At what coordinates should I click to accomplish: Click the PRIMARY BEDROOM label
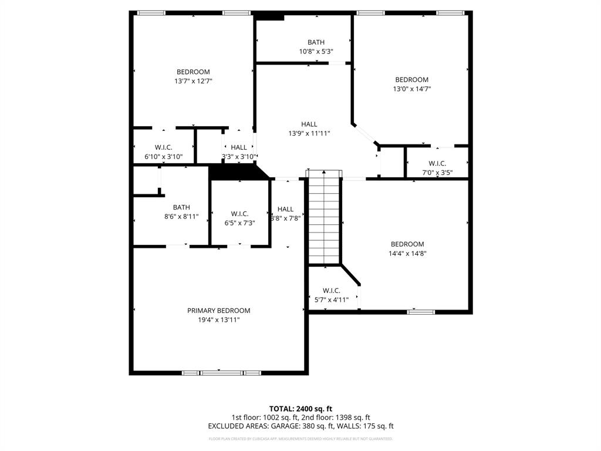pyautogui.click(x=218, y=311)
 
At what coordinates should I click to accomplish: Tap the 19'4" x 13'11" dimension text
pyautogui.click(x=218, y=320)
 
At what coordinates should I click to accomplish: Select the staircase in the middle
pyautogui.click(x=324, y=217)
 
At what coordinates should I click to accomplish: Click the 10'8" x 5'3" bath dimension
pyautogui.click(x=316, y=52)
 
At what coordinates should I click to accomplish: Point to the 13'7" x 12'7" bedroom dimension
pyautogui.click(x=193, y=82)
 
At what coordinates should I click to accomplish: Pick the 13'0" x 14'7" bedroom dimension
pyautogui.click(x=411, y=89)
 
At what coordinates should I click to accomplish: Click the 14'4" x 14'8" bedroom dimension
pyautogui.click(x=407, y=254)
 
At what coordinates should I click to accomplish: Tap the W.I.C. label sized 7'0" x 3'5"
pyautogui.click(x=437, y=163)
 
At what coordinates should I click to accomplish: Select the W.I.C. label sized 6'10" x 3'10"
pyautogui.click(x=164, y=147)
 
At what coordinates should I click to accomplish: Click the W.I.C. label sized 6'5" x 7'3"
pyautogui.click(x=239, y=214)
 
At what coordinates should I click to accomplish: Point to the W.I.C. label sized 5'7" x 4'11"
pyautogui.click(x=332, y=290)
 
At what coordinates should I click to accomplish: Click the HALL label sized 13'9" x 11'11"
pyautogui.click(x=309, y=124)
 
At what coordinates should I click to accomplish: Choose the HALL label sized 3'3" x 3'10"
pyautogui.click(x=239, y=147)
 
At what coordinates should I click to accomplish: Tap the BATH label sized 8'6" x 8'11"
pyautogui.click(x=181, y=207)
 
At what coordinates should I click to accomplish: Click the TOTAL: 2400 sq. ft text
pyautogui.click(x=300, y=409)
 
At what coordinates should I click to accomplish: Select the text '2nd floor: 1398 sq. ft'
pyautogui.click(x=333, y=418)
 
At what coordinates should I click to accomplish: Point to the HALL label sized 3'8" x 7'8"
pyautogui.click(x=286, y=209)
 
